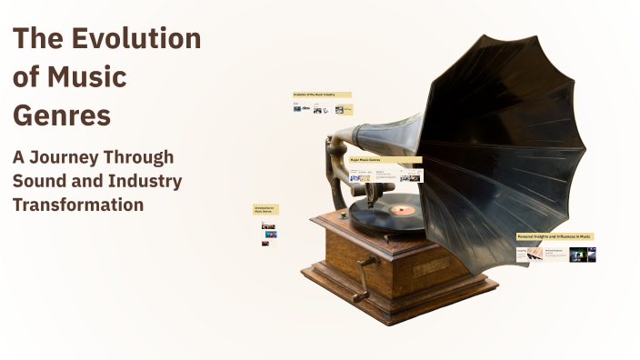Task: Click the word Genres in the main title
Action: point(62,115)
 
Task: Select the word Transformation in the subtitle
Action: point(78,205)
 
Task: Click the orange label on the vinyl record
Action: point(403,210)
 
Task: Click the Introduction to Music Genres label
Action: point(265,209)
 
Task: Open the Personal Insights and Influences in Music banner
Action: point(555,236)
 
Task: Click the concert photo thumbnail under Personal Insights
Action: point(583,255)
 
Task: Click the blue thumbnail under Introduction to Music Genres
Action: point(270,235)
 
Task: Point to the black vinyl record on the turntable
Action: point(382,214)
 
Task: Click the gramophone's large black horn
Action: point(509,136)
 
